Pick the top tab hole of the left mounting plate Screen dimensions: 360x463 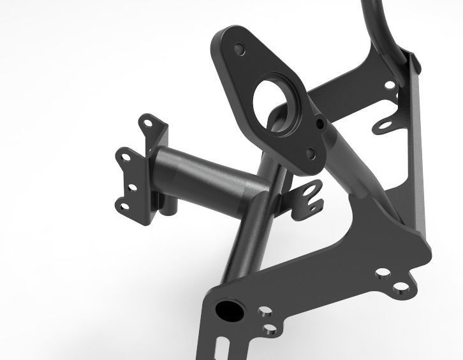point(149,121)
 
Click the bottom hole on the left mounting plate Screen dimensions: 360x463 point(121,205)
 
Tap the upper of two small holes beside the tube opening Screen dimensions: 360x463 point(263,313)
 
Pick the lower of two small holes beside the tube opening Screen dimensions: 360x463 point(271,329)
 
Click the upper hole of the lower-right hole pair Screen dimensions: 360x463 point(382,273)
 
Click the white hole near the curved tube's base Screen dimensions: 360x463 point(390,83)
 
